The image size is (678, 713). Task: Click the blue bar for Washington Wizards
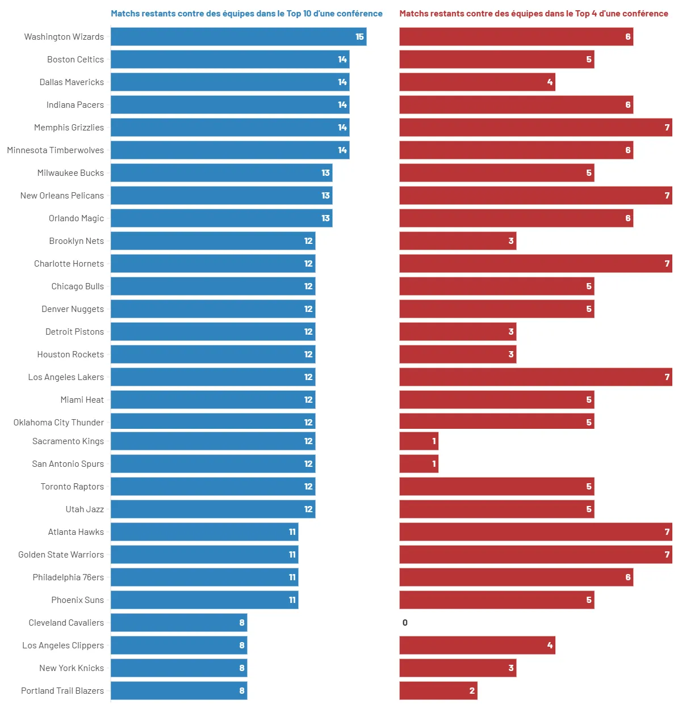238,37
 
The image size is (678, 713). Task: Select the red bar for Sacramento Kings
418,441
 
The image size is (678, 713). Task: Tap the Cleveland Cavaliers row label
66,623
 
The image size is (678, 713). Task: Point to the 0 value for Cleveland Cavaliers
405,623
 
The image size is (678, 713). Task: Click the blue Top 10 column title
246,14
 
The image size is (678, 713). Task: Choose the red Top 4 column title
534,14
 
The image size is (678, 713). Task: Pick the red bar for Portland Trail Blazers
438,691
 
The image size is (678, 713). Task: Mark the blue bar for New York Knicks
179,668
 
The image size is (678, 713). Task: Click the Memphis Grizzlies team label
69,128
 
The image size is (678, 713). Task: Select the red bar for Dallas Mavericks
477,82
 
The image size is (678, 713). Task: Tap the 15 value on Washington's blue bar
359,37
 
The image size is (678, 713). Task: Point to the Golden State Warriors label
61,555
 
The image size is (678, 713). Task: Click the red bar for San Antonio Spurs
418,464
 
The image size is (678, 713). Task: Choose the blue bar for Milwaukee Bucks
221,173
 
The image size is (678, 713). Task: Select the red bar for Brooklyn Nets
458,241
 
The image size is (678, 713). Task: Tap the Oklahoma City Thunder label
58,423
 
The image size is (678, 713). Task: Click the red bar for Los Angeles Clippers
477,646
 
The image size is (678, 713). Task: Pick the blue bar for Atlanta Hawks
204,532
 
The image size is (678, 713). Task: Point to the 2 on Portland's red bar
472,691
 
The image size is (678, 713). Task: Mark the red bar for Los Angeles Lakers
535,377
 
